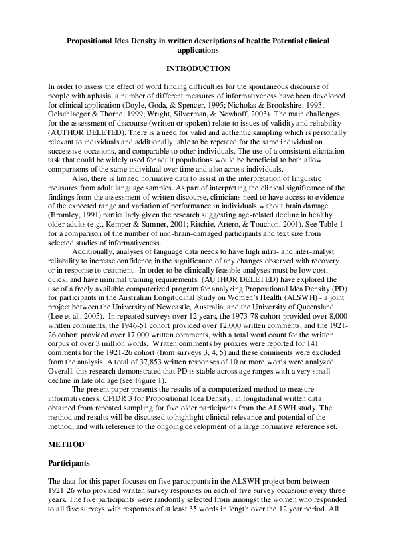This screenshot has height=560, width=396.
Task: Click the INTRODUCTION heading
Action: pyautogui.click(x=198, y=69)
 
